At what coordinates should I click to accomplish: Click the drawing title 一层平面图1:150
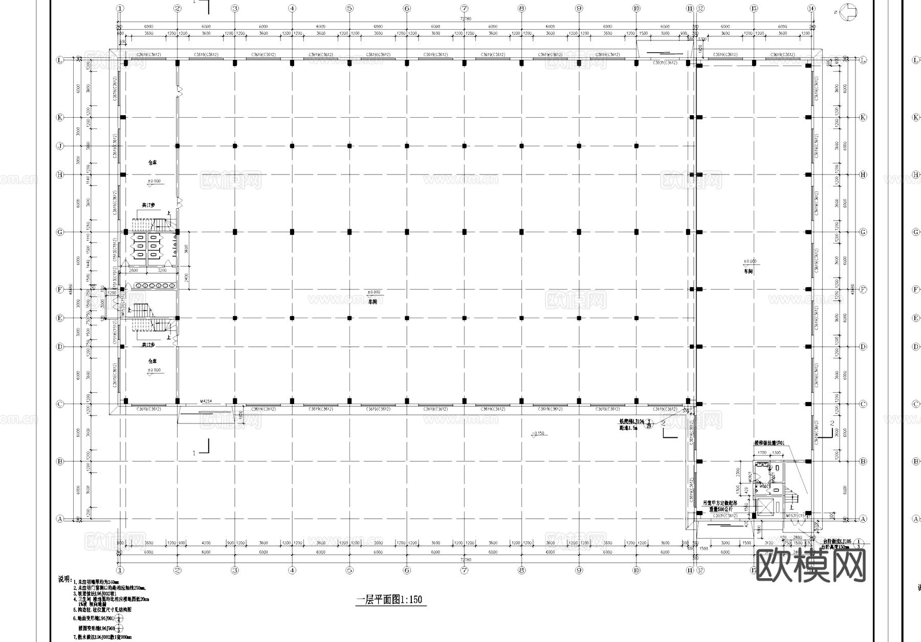coord(390,600)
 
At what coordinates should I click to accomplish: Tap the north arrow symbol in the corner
coord(849,12)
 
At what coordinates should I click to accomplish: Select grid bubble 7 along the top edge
coord(464,8)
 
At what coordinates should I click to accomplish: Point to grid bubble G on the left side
coord(60,232)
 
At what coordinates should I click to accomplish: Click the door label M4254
coord(206,402)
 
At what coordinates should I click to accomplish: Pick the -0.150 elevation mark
coord(538,433)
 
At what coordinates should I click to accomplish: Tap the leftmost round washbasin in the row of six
coord(137,285)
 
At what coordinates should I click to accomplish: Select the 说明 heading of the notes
coord(64,579)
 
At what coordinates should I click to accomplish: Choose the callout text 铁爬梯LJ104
coord(631,421)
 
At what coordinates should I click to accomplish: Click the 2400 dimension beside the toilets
coord(187,278)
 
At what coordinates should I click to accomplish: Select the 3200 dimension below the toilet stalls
coord(163,270)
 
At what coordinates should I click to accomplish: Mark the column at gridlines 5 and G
coord(349,232)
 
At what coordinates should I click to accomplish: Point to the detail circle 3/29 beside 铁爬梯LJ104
coord(649,424)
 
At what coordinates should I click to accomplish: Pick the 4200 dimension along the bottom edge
coord(206,543)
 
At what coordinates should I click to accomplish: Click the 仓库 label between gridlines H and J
coord(152,163)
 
